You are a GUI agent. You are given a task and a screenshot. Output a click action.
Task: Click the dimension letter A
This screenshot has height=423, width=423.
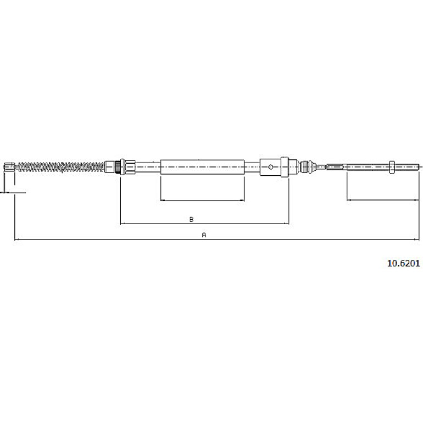pyautogui.click(x=204, y=235)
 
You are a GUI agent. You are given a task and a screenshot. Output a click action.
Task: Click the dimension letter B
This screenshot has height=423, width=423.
pyautogui.click(x=191, y=219)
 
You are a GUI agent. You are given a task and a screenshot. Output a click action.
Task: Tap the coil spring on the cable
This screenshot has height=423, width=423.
pyautogui.click(x=61, y=167)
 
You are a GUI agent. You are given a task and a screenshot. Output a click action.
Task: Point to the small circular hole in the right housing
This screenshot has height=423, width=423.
pyautogui.click(x=271, y=167)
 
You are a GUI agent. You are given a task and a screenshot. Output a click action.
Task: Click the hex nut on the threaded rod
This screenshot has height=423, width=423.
pyautogui.click(x=392, y=167)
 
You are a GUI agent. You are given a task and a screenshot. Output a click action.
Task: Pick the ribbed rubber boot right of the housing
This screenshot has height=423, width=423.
pyautogui.click(x=307, y=167)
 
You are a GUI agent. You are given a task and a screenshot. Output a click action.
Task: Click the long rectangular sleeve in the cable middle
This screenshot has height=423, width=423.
pyautogui.click(x=202, y=167)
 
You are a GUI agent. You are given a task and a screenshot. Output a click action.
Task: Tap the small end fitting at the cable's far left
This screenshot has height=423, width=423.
pyautogui.click(x=10, y=166)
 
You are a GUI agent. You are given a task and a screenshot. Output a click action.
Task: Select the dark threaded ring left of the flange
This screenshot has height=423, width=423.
pyautogui.click(x=117, y=167)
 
